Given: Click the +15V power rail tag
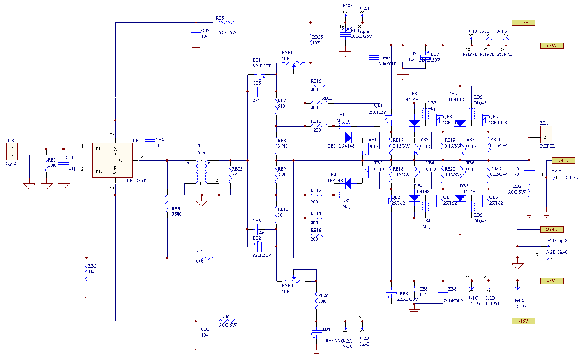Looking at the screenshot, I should click(x=523, y=23).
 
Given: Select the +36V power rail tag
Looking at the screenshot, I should click(x=552, y=46).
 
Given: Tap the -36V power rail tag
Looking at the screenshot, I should click(x=552, y=281).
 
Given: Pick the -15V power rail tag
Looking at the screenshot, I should click(x=523, y=321).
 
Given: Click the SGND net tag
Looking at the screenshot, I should click(x=552, y=229).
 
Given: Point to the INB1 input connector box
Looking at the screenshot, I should click(x=13, y=152).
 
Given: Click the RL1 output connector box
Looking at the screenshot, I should click(x=545, y=134).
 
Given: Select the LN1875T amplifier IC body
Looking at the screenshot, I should click(x=112, y=160).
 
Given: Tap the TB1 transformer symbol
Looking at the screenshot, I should click(x=201, y=172).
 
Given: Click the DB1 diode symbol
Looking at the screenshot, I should click(x=348, y=137).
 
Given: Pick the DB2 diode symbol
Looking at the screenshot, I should click(x=348, y=183).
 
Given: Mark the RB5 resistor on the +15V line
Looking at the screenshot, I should click(x=229, y=22).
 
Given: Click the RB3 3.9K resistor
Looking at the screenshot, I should click(x=167, y=202).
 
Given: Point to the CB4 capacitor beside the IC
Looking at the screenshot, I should click(x=150, y=140).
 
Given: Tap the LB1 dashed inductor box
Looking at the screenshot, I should click(x=342, y=126).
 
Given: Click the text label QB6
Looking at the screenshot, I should click(x=493, y=197).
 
